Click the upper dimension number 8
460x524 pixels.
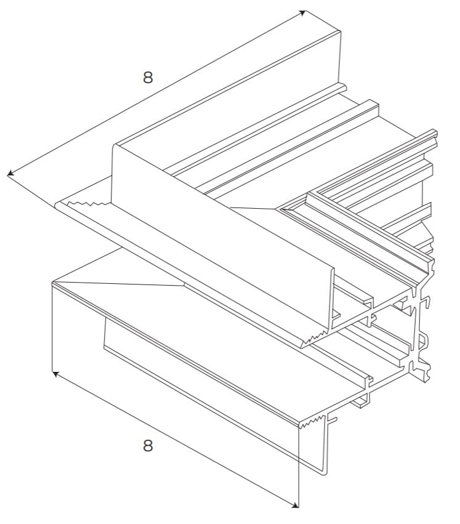click(x=148, y=77)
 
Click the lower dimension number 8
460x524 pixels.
click(x=148, y=445)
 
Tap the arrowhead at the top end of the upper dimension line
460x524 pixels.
click(x=302, y=12)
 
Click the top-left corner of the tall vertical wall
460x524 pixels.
click(x=115, y=146)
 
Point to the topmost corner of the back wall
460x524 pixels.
click(x=340, y=30)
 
